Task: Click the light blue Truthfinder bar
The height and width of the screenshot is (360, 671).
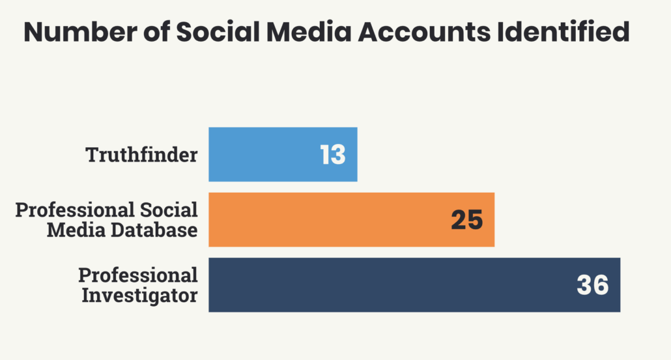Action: coord(261,154)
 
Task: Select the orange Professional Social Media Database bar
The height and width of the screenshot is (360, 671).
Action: coord(326,219)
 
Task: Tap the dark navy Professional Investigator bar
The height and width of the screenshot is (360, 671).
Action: coord(391,285)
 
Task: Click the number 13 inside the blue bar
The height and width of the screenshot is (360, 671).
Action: coord(332,155)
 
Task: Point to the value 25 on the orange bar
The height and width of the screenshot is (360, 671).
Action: coord(466,220)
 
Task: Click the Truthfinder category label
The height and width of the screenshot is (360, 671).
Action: coord(141,155)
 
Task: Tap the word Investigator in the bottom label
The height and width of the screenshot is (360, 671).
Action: coord(139,295)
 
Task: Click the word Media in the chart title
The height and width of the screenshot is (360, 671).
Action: coord(302,33)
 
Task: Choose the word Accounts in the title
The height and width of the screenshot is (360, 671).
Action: coord(425,33)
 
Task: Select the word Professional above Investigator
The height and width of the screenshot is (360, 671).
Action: coord(138,275)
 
